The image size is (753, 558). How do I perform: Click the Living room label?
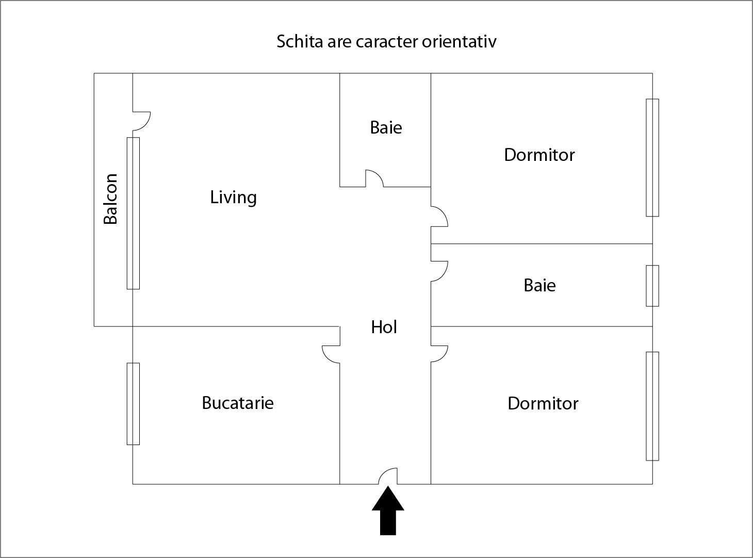233,198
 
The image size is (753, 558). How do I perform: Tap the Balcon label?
110,199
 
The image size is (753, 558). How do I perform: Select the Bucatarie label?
238,403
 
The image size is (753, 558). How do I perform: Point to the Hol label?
384,327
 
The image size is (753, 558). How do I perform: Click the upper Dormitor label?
539,155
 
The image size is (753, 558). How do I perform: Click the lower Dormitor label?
543,403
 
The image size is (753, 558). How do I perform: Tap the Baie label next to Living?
386,128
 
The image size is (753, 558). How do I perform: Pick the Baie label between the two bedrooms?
539,285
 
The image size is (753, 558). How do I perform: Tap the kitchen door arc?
326,358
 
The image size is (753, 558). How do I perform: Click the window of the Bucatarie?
133,404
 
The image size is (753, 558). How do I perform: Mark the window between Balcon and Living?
133,214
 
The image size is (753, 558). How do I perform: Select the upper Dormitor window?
652,158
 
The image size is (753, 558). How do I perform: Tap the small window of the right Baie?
652,286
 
